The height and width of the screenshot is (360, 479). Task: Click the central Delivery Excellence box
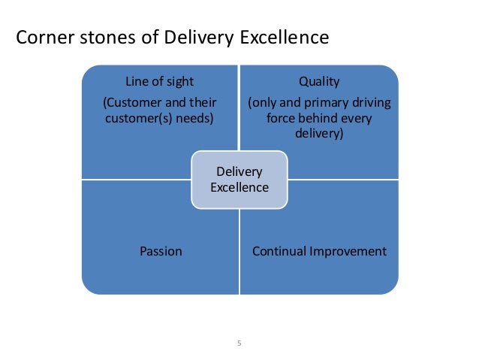(239, 179)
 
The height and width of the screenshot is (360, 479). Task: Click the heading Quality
(319, 83)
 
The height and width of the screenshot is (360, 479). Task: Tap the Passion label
(161, 251)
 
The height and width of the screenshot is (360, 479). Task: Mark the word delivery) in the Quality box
(320, 134)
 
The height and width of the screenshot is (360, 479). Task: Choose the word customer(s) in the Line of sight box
(136, 118)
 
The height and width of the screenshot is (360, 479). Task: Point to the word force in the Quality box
(280, 118)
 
